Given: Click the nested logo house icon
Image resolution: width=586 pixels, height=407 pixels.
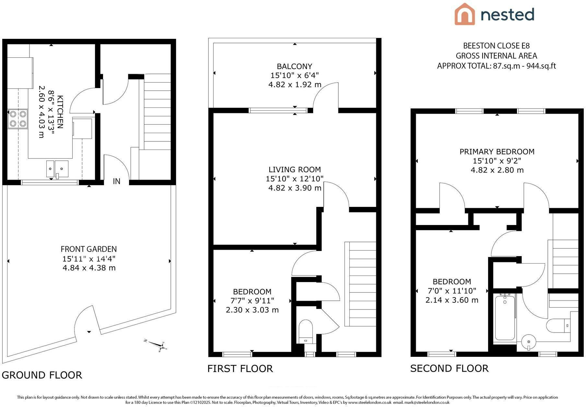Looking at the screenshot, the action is coord(464,14).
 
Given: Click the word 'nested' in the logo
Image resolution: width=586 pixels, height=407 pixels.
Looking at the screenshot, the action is coord(507,15).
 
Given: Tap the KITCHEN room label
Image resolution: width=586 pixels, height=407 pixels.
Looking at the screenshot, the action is coord(60,111).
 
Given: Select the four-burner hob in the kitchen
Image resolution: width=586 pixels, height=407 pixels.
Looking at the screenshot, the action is coord(18,119).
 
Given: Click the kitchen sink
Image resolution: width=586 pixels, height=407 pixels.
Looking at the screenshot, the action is coord(57,169).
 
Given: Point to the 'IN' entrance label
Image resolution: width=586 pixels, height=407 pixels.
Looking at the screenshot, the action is coord(116,181).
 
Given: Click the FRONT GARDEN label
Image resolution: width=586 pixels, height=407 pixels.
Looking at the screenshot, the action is coord(89,249).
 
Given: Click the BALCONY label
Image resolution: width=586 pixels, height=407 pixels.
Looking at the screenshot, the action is coord(294,66).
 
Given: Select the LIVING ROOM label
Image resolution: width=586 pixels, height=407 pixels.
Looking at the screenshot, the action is coord(295,169).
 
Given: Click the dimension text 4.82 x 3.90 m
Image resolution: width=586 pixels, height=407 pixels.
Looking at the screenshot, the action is coord(295,188).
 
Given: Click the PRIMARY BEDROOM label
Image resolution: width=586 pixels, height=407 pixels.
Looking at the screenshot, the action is coord(497,152).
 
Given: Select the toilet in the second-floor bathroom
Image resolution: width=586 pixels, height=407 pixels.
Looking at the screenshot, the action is coord(558,325).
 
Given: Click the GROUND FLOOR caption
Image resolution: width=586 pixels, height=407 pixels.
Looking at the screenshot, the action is coord(42,375).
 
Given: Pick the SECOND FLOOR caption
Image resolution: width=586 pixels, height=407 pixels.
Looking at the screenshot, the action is coord(449,368).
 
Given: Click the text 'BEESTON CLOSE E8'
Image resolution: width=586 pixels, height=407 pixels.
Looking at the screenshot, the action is coord(497,46).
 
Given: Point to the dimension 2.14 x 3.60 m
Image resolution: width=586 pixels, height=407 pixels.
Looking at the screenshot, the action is coord(452,300).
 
